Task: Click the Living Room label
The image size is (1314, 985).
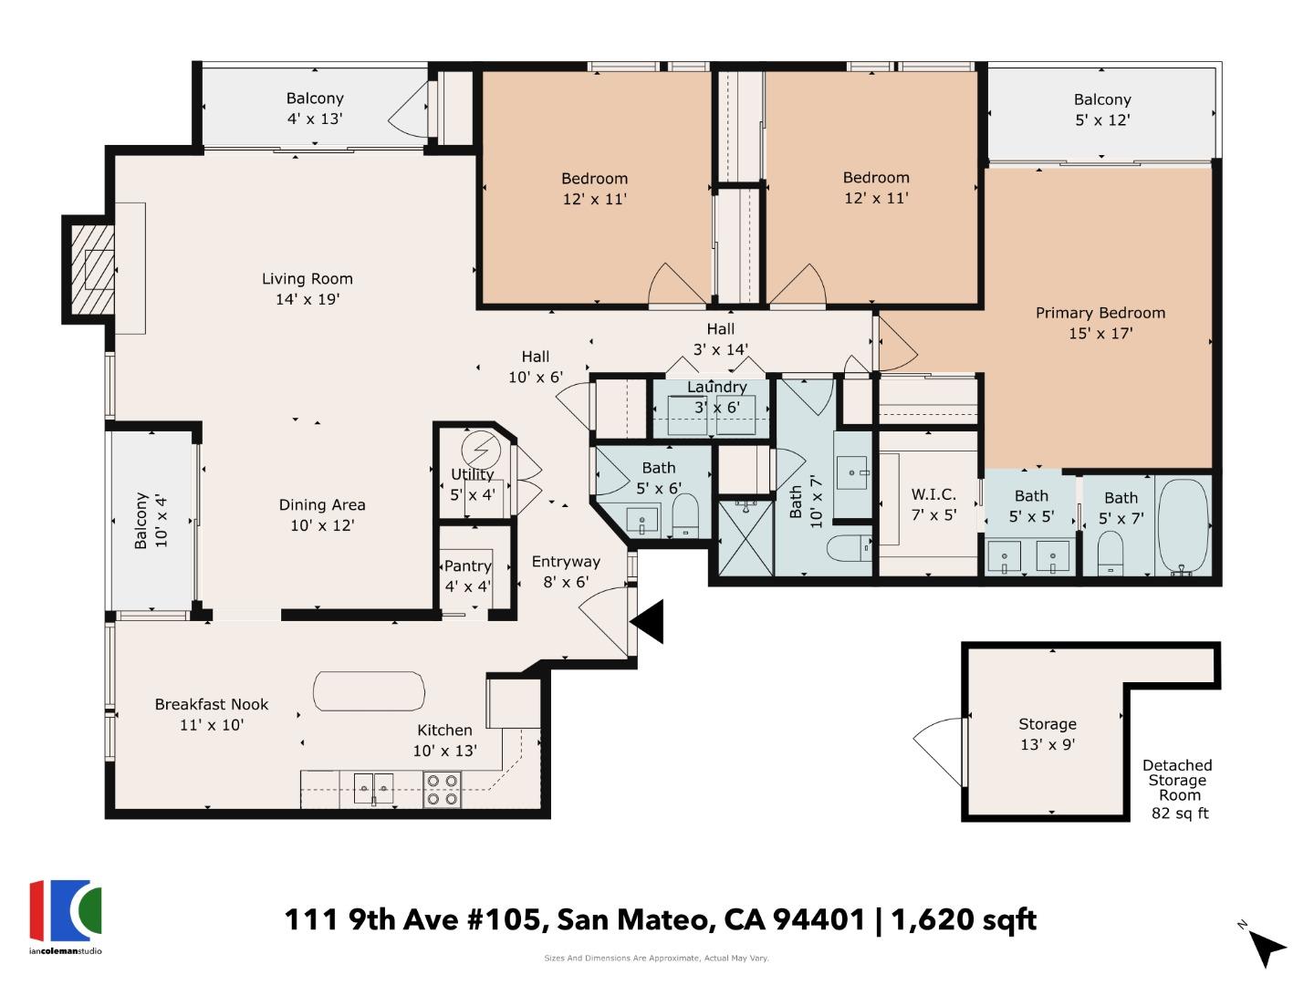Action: click(x=307, y=289)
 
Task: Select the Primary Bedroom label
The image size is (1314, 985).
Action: click(x=1100, y=323)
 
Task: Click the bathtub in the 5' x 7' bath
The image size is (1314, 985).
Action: click(x=1183, y=526)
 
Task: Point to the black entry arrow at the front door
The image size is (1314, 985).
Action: click(x=649, y=622)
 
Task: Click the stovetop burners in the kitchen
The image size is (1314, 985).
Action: click(x=443, y=789)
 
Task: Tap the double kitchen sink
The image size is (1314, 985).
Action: click(x=373, y=787)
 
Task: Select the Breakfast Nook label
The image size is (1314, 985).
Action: click(x=212, y=714)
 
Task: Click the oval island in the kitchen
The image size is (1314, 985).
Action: click(x=369, y=691)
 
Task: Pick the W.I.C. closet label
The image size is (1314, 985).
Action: click(x=933, y=504)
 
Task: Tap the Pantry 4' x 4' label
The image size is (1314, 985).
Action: click(x=467, y=575)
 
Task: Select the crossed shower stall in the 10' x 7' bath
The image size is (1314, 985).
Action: click(x=746, y=537)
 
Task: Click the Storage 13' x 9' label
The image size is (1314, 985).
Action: click(x=1047, y=733)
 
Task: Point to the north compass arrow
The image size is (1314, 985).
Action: click(x=1266, y=947)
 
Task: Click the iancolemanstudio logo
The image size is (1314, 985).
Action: click(x=66, y=916)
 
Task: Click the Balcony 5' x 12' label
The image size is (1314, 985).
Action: click(x=1101, y=109)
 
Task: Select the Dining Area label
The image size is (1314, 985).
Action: click(x=322, y=514)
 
